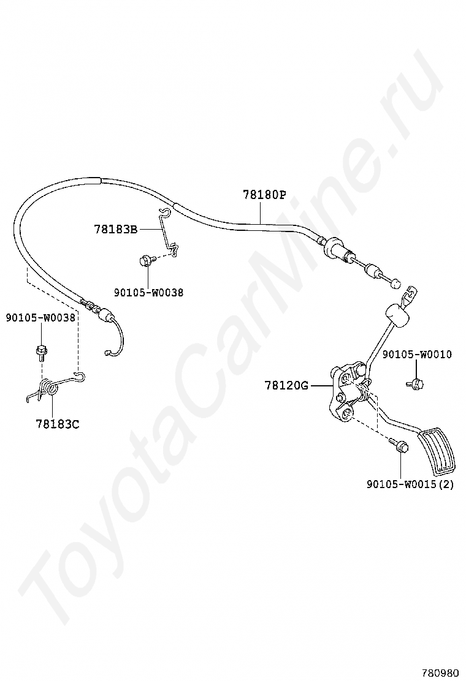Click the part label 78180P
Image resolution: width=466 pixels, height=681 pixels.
coord(264,195)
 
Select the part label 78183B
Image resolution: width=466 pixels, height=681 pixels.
coord(115,229)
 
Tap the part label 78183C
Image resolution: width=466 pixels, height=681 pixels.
coord(58,423)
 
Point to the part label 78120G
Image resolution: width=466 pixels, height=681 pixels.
coord(286,385)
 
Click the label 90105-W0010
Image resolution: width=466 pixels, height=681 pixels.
coord(417,355)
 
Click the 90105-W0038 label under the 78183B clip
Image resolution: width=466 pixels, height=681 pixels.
coord(148,293)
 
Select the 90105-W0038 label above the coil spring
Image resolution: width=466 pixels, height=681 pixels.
coord(40,317)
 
